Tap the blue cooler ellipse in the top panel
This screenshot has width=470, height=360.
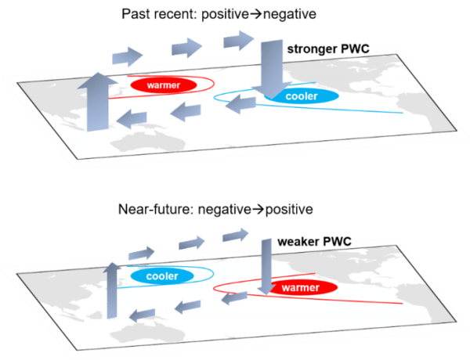(301, 97)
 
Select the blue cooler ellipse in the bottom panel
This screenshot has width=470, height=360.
(161, 276)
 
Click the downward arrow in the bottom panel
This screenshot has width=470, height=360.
(266, 266)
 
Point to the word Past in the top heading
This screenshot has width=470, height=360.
(137, 15)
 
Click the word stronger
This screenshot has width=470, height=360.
(312, 50)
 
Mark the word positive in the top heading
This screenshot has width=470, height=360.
(230, 15)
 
